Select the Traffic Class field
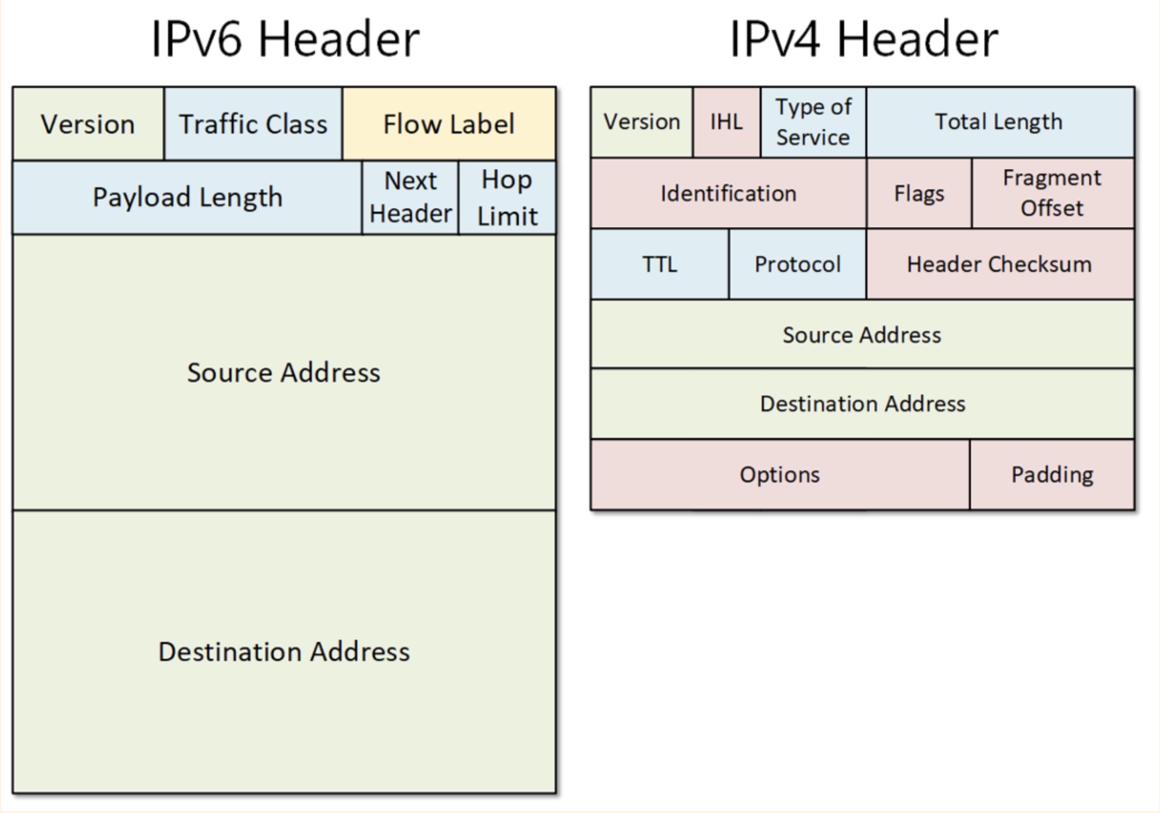pos(253,124)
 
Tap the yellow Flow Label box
pos(449,124)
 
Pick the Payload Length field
pos(187,197)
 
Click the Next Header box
pos(410,197)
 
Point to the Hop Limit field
pos(507,197)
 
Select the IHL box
pos(726,122)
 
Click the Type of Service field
pos(813,122)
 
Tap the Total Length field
pos(999,122)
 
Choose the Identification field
pos(728,193)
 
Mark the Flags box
pos(919,193)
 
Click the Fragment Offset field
pos(1052,193)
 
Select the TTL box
pos(660,264)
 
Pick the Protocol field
pos(797,264)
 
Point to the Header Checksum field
pos(999,264)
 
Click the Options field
pos(780,475)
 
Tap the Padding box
pos(1052,475)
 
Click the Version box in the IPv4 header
pos(642,122)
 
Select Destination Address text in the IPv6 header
pos(284,651)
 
